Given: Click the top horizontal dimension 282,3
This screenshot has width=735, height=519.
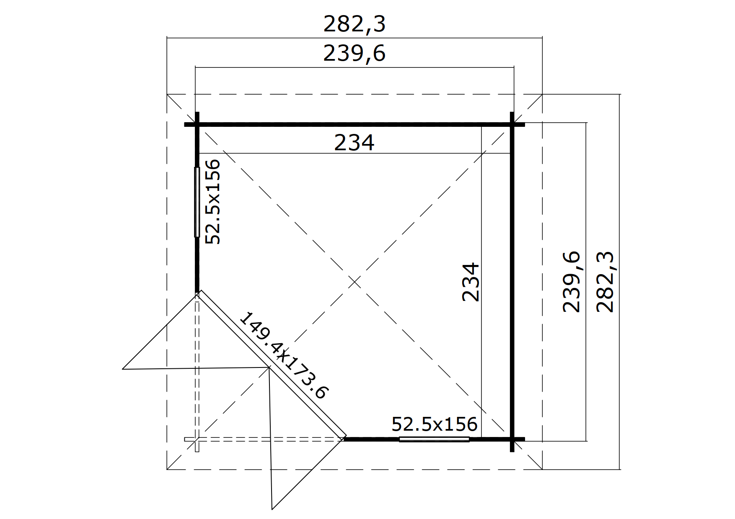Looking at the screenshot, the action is [354, 24].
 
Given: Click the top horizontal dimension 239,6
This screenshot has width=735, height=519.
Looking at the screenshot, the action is [354, 54].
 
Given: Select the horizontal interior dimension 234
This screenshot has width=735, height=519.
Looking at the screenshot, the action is [354, 143].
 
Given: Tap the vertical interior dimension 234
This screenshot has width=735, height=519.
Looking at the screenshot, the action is [471, 282].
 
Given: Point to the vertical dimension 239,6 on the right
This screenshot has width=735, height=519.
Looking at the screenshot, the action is [572, 282].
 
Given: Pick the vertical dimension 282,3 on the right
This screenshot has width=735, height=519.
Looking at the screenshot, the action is [605, 282].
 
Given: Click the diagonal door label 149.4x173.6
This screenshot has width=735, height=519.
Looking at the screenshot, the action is [284, 355].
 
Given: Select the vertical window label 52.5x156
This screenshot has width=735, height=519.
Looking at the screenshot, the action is [212, 201].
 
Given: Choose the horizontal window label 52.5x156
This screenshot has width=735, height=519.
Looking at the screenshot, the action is [435, 424].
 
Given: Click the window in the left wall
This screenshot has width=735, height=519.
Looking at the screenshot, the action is [197, 202].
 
